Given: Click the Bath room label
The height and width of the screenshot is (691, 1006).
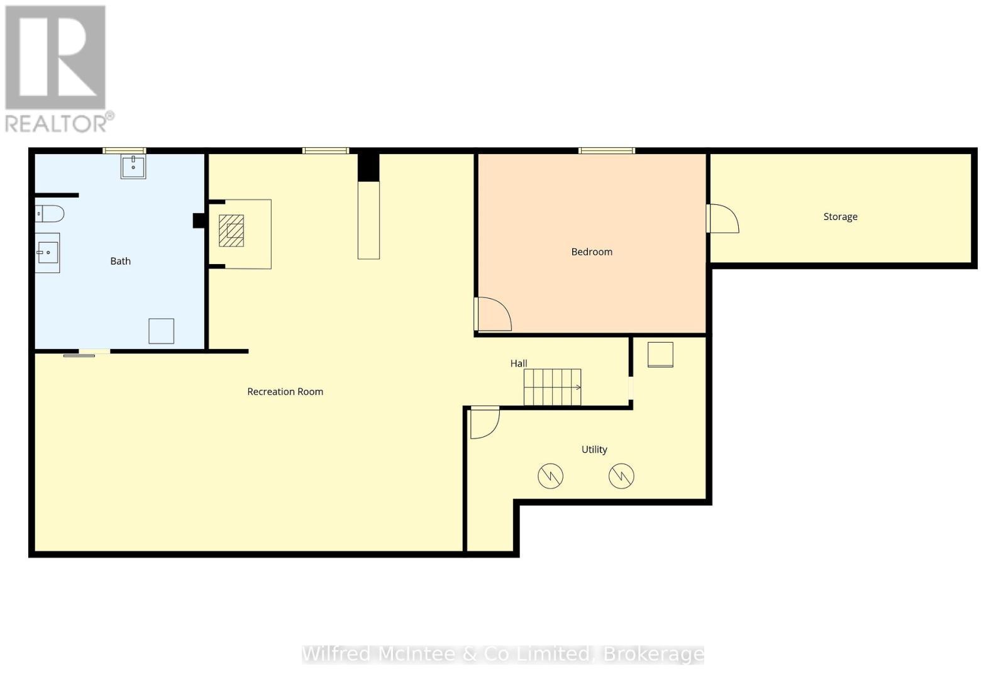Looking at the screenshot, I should (120, 261).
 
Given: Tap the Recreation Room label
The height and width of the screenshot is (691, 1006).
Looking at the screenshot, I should (285, 392).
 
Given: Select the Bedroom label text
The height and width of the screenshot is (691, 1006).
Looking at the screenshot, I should (591, 252).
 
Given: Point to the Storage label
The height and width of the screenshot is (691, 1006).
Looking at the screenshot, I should (840, 216).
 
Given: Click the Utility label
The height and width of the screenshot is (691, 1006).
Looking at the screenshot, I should (594, 450).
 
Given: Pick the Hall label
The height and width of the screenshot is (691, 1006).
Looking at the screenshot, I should (518, 363).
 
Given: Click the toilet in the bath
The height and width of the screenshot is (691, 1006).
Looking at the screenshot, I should (50, 214).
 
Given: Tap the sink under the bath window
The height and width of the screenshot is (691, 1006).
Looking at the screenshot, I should (133, 167).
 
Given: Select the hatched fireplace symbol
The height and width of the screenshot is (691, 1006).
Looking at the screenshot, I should (231, 231).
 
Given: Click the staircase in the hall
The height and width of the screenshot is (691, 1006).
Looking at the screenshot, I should (552, 387).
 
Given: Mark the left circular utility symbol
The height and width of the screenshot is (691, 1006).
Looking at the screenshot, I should (550, 476).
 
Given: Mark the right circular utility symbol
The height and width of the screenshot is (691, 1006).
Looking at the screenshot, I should (621, 476).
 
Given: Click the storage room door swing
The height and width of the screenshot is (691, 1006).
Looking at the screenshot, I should (723, 219).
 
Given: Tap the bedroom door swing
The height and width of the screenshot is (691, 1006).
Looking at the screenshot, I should (494, 314).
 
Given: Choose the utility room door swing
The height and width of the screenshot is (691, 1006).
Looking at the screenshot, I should (484, 423).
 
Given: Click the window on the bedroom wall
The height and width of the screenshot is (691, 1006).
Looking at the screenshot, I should (606, 151).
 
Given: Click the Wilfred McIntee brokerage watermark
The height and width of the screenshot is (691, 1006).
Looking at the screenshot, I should (502, 655).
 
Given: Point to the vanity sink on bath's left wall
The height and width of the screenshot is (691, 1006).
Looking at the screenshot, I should (47, 253).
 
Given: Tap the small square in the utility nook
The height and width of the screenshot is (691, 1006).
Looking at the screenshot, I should (660, 355).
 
